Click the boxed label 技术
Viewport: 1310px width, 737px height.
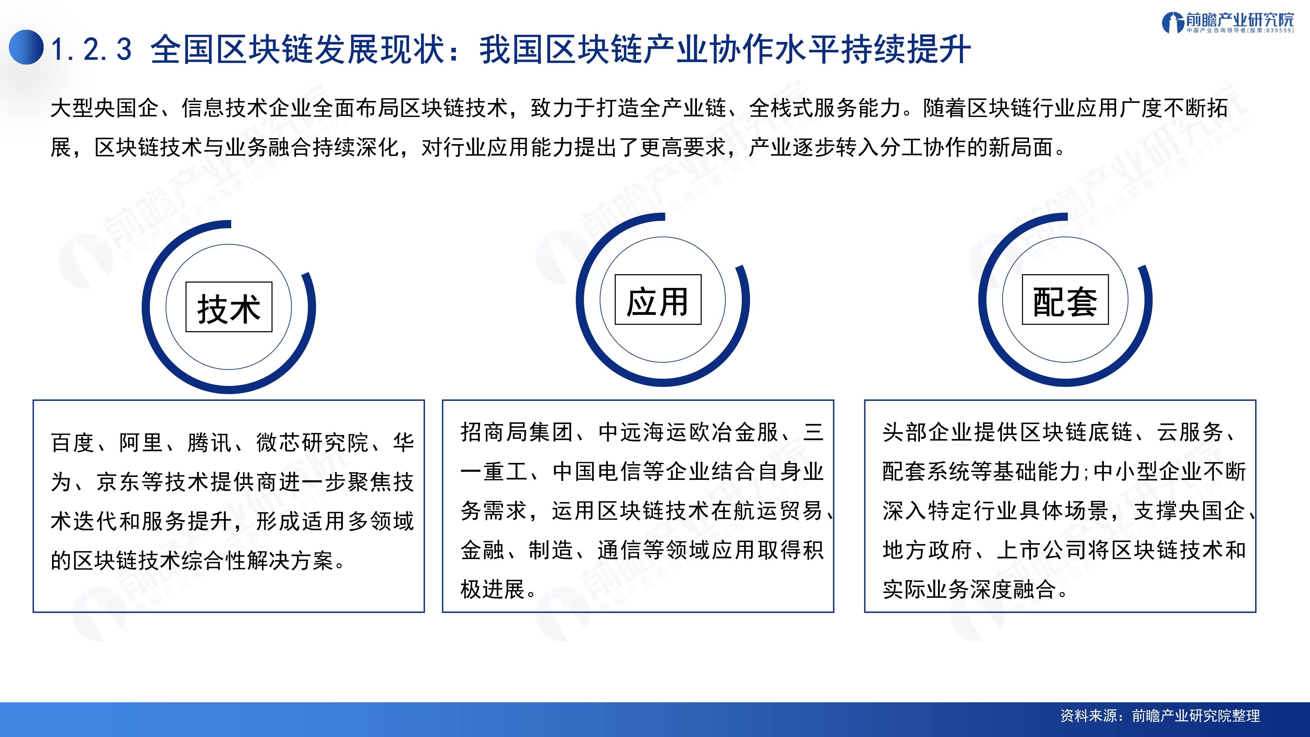pos(229,308)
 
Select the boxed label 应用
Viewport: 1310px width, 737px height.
pos(658,300)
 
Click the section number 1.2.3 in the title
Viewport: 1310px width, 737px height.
pos(92,50)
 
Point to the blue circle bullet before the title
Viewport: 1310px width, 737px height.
pos(26,47)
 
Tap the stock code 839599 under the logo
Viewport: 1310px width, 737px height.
pos(1277,30)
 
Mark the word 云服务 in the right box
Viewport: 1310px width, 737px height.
pos(1190,432)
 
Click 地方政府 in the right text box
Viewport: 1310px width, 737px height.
pos(927,550)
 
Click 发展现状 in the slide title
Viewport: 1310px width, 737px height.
pos(380,50)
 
